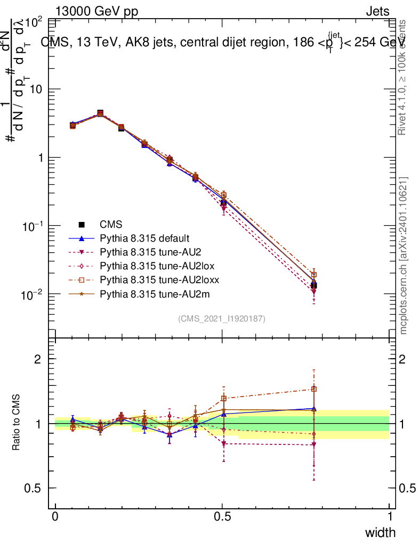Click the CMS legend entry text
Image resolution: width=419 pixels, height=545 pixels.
coord(110,225)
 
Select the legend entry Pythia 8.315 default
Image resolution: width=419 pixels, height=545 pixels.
coord(144,238)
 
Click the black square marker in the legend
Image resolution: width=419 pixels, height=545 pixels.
coord(82,225)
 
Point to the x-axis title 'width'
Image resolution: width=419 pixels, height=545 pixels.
coord(380,532)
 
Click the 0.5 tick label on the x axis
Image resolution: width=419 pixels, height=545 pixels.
coord(222,516)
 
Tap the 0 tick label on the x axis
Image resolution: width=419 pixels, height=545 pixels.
coord(55,516)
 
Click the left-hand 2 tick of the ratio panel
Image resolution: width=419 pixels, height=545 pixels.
coord(37,359)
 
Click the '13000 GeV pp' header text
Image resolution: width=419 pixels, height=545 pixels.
coord(96,12)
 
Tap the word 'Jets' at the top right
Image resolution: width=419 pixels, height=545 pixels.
coord(377,12)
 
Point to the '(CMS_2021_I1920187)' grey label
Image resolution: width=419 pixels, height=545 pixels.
coord(222,318)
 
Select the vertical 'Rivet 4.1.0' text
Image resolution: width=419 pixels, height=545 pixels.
coord(402,77)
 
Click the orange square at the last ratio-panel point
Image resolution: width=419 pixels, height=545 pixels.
coord(314,389)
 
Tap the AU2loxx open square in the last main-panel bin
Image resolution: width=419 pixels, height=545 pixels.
coord(314,275)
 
